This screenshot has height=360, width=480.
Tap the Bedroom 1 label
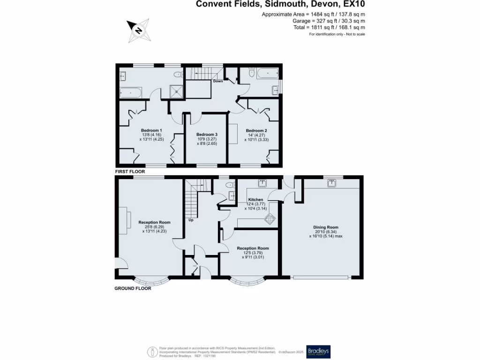pos(151,130)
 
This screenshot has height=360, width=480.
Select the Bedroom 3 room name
pos(207,134)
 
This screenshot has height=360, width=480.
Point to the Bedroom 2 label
pos(256,130)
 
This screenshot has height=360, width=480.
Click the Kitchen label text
pos(255,200)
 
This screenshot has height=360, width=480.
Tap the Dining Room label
pos(326,227)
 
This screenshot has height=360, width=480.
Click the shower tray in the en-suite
pos(176,92)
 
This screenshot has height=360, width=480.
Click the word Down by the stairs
pos(218,81)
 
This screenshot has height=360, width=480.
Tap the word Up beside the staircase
pos(191,220)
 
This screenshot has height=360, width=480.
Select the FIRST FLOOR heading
pos(130,172)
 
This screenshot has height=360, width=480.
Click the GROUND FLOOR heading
pos(133,289)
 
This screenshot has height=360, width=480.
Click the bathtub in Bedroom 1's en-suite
pos(130,92)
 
